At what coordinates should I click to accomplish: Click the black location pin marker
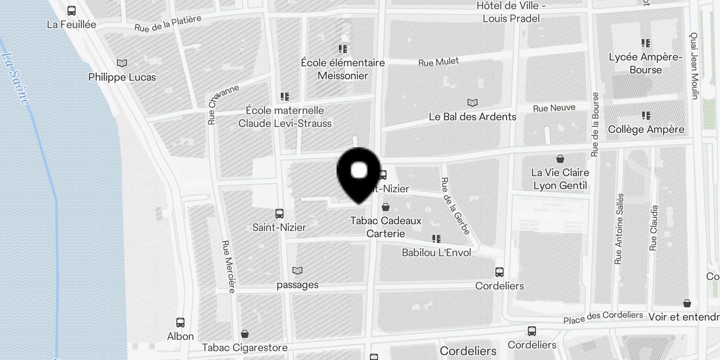coord(359,173)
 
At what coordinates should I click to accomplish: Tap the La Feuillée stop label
coord(72,24)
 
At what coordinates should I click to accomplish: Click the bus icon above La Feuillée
coord(72,11)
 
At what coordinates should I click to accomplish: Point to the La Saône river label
coord(15,79)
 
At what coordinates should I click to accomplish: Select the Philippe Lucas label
coord(122,77)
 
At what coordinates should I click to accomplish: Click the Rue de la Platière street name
coord(167,24)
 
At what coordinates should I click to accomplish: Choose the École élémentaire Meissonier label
coord(343,69)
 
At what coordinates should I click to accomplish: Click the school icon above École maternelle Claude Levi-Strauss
coord(284,96)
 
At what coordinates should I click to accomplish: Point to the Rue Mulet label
coord(438,62)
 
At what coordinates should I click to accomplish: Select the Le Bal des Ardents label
coord(472,117)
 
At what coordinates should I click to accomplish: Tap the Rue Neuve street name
coord(554,108)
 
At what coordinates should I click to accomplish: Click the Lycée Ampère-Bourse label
coord(646,63)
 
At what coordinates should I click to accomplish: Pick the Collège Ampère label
coord(646,129)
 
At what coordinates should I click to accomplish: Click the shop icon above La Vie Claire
coord(560,159)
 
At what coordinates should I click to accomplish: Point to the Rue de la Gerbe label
coord(455,206)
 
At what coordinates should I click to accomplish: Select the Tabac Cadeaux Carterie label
coord(386,227)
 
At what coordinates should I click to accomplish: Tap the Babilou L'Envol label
coord(436,252)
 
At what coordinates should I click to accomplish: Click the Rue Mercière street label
coord(228,266)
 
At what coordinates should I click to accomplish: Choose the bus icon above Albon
coord(180,323)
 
